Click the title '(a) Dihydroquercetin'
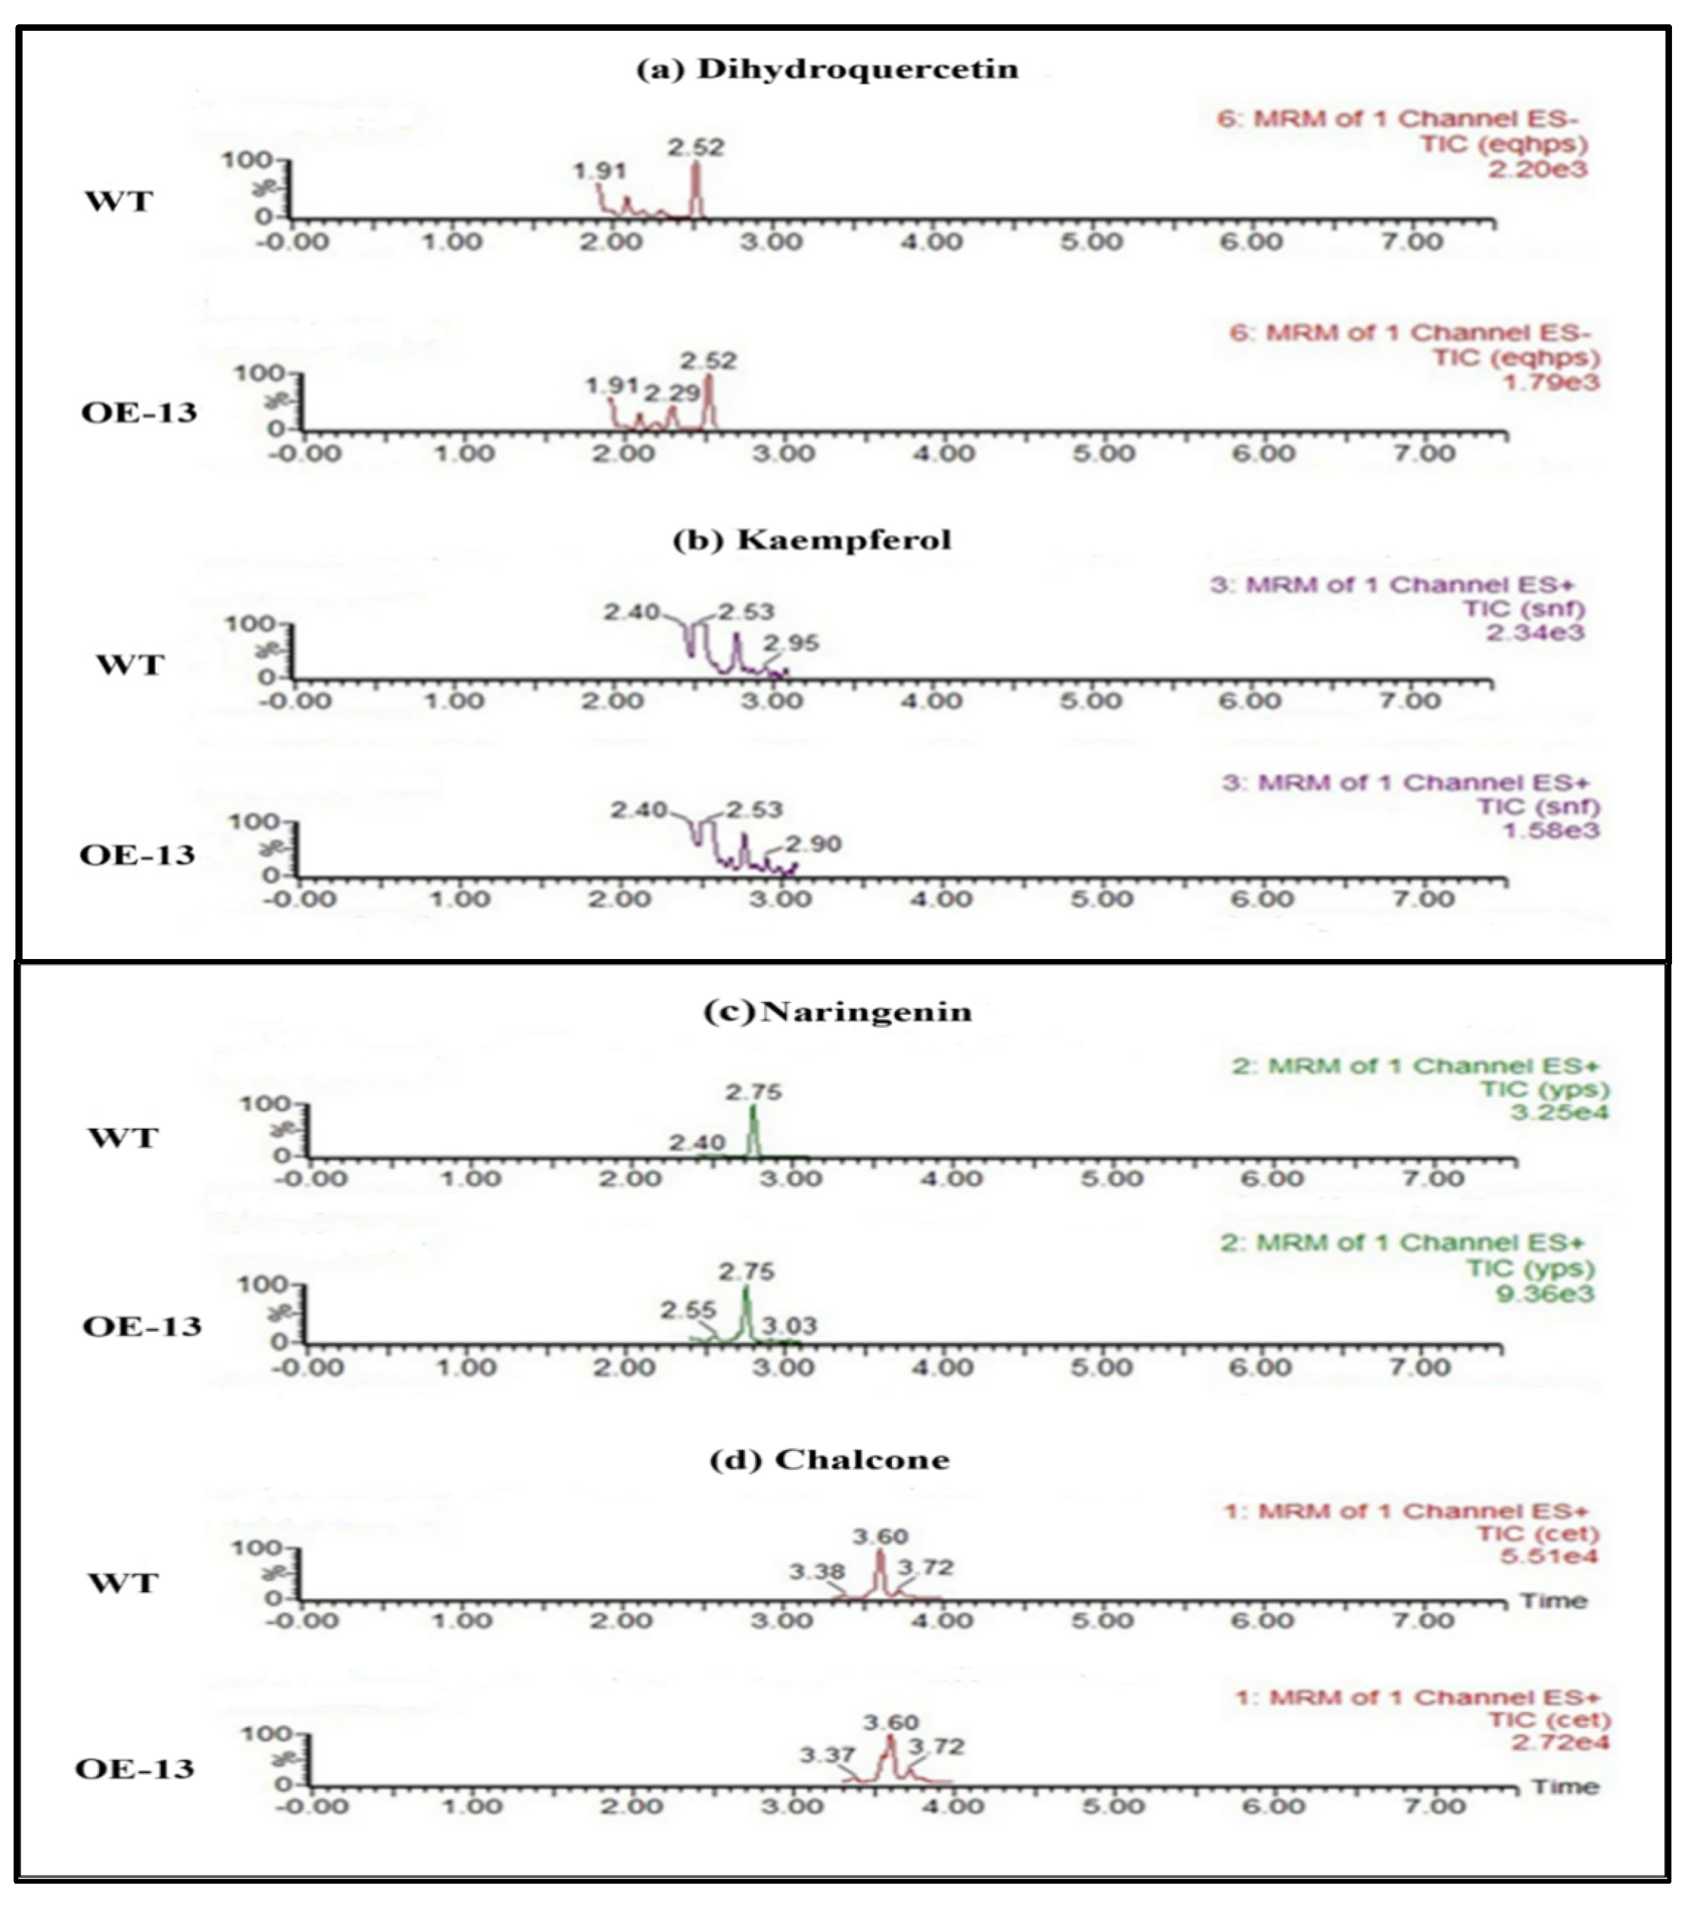click(827, 70)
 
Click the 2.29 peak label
click(672, 393)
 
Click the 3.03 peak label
click(789, 1325)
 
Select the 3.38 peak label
click(817, 1572)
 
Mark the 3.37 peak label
click(827, 1756)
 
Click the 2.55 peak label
click(688, 1310)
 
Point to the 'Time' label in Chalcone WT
click(1553, 1601)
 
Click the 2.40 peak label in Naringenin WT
click(696, 1143)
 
